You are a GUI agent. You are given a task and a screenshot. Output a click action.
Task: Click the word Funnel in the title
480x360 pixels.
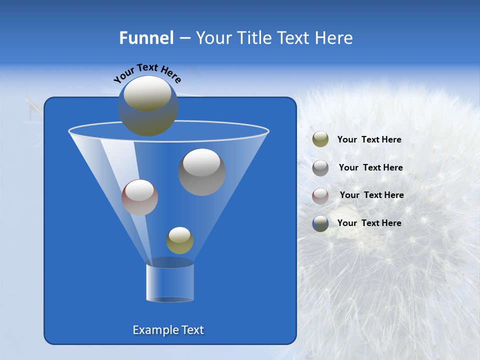[x=146, y=38]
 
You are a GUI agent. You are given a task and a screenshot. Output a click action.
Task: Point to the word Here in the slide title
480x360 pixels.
[x=334, y=38]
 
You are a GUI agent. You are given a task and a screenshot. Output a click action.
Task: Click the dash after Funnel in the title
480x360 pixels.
[x=184, y=38]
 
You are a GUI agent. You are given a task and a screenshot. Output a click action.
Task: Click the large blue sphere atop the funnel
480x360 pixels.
[x=148, y=106]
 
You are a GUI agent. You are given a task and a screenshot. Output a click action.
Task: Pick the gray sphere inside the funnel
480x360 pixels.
[x=202, y=171]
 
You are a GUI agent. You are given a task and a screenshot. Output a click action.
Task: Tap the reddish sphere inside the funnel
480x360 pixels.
[x=139, y=197]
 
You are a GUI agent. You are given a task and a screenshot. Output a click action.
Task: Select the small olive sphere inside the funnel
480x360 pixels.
[x=179, y=240]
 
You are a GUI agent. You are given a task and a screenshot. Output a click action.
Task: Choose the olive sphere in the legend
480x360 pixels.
[x=320, y=139]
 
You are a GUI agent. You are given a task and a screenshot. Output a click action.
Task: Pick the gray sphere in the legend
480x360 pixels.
[x=320, y=167]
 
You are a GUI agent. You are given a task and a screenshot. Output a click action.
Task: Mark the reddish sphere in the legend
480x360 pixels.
[x=320, y=195]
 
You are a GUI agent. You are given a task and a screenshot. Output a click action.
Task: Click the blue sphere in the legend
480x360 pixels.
[x=320, y=223]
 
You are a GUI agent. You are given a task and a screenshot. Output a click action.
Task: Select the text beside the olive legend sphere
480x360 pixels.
[x=369, y=140]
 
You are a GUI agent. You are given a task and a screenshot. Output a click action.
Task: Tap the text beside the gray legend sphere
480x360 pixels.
[x=370, y=168]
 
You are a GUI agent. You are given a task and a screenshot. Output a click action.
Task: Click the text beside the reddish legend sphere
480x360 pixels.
[x=371, y=195]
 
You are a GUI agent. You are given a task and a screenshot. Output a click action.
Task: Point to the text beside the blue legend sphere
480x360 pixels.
[x=369, y=223]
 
